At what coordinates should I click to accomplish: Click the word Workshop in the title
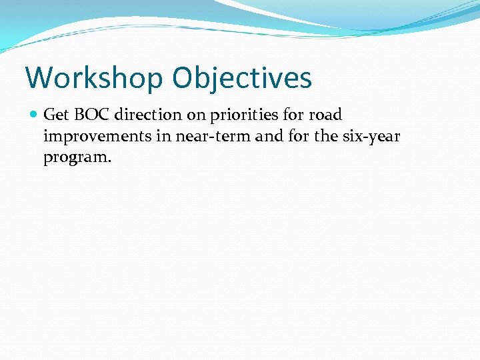pos(94,77)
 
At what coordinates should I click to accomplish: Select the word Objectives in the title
pos(241,77)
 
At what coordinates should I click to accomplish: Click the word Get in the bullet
pos(56,115)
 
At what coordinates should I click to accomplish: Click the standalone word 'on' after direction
pos(196,115)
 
